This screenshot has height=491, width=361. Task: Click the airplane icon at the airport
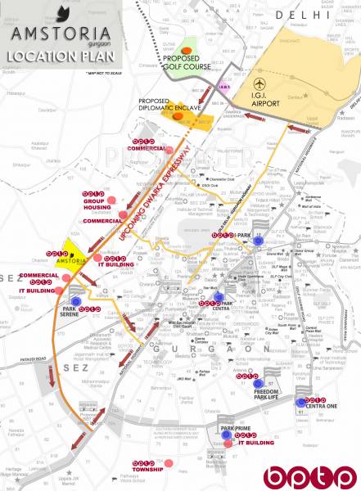[259, 84]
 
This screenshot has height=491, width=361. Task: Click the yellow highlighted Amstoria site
[79, 248]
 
